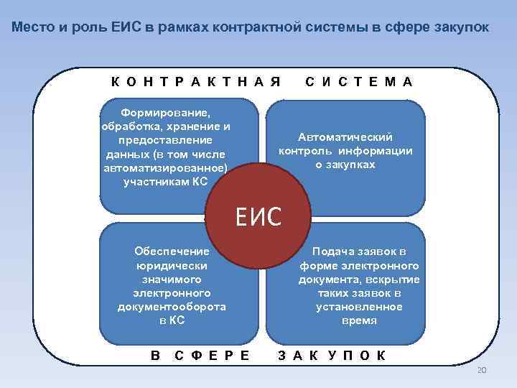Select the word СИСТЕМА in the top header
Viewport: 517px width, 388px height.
click(358, 82)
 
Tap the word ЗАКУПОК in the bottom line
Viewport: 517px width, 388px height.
click(331, 355)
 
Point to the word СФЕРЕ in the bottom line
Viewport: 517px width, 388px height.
click(213, 355)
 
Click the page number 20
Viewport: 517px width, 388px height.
click(482, 369)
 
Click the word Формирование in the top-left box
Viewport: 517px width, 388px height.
click(166, 113)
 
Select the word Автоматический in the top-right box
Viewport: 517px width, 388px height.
click(345, 137)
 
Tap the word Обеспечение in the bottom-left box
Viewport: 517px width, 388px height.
click(172, 251)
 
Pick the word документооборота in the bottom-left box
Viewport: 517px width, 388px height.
click(172, 306)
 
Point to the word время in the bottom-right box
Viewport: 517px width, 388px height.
click(359, 320)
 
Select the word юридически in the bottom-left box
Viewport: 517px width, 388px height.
click(172, 265)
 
